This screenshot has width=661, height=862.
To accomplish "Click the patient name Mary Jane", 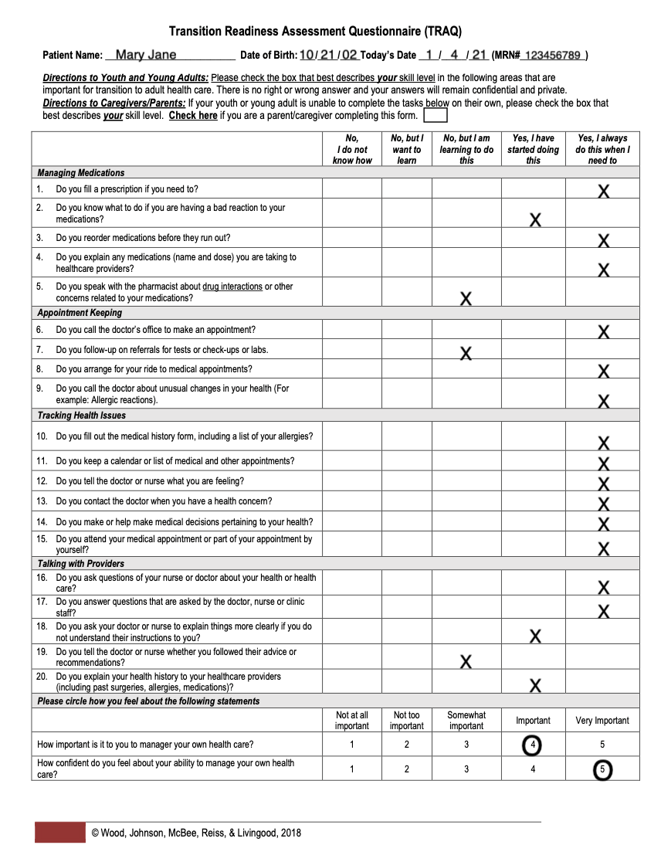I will pos(146,55).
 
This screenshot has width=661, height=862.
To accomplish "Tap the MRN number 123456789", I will pos(552,56).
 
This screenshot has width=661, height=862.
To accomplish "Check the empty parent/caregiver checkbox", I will pos(435,115).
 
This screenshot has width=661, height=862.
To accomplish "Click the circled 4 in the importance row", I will pos(532,745).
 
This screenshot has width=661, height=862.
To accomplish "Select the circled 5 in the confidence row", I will pos(602,770).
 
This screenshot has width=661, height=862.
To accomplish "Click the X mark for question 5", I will pos(466,298).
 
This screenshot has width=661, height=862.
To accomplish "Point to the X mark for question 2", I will pos(534,220).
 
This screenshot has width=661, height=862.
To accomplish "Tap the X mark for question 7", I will pos(466,354).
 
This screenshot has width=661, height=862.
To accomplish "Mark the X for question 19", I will pos(466,661).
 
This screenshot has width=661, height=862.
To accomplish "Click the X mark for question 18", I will pos(534,636).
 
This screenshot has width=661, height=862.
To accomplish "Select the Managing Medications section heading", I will pos(81,173).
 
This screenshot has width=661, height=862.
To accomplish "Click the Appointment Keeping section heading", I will pos(80,313).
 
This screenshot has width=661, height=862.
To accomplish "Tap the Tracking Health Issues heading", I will pos(81,416).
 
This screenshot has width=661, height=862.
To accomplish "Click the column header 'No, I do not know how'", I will pos(352,149).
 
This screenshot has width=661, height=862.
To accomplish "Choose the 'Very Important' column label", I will pos(602,721).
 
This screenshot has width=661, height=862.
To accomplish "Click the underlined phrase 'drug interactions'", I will pos(232,287).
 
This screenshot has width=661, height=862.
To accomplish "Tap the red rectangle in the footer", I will pos(59,833).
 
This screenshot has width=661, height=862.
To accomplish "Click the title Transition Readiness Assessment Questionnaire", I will pos(315,32).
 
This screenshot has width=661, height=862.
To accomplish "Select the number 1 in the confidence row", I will pos(352,769).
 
